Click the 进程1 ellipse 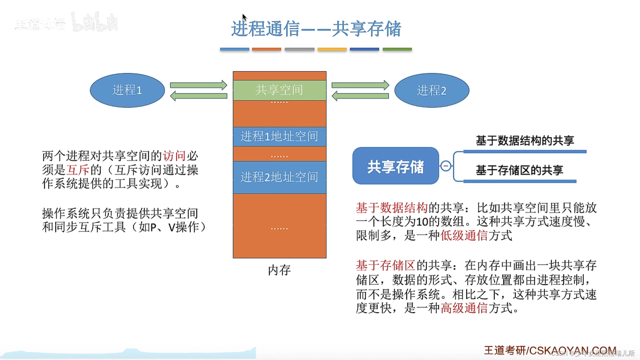(x=127, y=90)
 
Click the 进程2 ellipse (x=432, y=90)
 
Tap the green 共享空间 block (x=279, y=90)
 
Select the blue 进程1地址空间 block (x=279, y=136)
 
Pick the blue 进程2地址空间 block (x=279, y=177)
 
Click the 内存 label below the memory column (x=279, y=270)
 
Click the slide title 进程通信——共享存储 (x=316, y=29)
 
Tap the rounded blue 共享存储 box (x=395, y=166)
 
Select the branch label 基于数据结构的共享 (x=525, y=141)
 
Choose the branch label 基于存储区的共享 (x=519, y=170)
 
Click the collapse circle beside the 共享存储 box (x=446, y=166)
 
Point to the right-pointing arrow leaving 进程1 (x=198, y=85)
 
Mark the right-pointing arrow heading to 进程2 (x=360, y=85)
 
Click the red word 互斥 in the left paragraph (x=78, y=170)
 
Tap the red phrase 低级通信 (x=464, y=236)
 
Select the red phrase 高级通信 (x=464, y=308)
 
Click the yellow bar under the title (x=332, y=49)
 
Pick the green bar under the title (x=397, y=49)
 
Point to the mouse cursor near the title (x=244, y=17)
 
